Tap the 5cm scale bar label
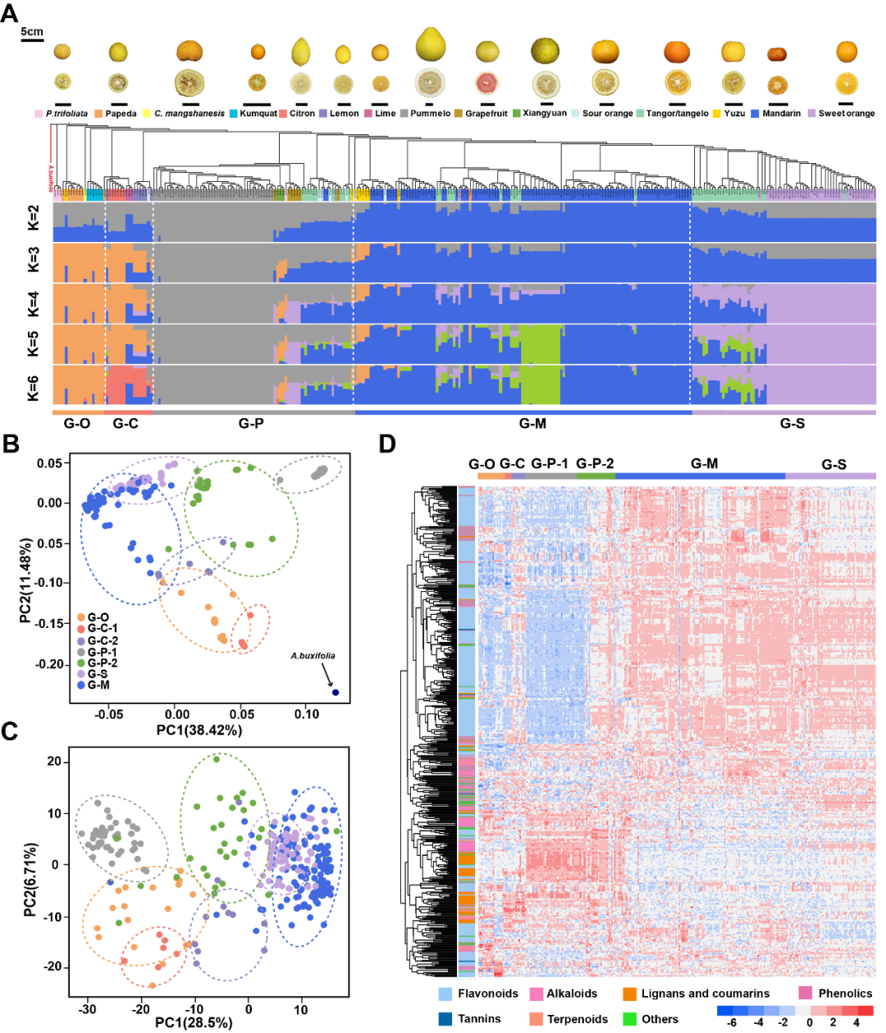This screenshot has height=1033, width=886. pos(32,32)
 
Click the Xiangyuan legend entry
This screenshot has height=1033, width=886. pos(544,113)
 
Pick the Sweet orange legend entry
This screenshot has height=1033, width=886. pos(846,114)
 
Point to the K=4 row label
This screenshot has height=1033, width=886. pos(34,303)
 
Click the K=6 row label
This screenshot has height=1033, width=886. pos(34,385)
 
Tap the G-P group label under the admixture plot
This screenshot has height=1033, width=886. pos(251,423)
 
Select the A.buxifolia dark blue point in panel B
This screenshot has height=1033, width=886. pos(336,693)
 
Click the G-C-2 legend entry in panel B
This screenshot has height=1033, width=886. pos(103,640)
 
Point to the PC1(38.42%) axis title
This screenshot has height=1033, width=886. pos(199,730)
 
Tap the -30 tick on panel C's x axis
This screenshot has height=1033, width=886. pos(88,1009)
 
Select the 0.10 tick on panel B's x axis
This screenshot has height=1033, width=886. pos(307,714)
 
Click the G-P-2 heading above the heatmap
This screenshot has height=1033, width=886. pos(595,464)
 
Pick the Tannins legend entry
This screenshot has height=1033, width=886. pos(479,1019)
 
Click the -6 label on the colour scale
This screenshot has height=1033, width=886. pos(731,1022)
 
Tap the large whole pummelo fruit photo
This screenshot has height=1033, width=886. pos(430,45)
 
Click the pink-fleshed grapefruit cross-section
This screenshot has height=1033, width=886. pos(487,83)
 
